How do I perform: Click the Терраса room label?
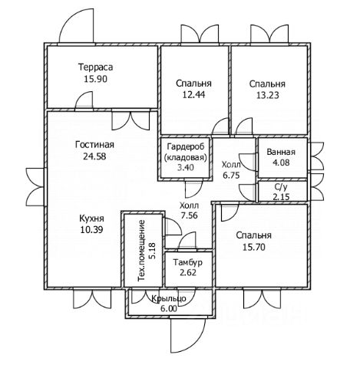pos(96,67)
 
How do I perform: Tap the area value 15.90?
pos(96,79)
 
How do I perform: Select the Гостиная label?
pos(94,145)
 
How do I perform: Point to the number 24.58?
pos(94,156)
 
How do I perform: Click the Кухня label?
pos(91,219)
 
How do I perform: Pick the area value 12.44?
pos(193,95)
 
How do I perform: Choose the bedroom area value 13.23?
pos(268,95)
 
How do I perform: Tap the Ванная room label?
pos(281,152)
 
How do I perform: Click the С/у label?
pos(281,187)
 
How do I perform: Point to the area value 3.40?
pos(186,167)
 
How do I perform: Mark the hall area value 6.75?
pos(231,176)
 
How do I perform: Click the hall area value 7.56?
pos(189,215)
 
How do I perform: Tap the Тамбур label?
pos(188,262)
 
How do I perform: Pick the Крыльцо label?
pos(169,298)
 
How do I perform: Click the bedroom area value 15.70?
pos(254,247)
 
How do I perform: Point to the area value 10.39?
pos(91,230)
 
